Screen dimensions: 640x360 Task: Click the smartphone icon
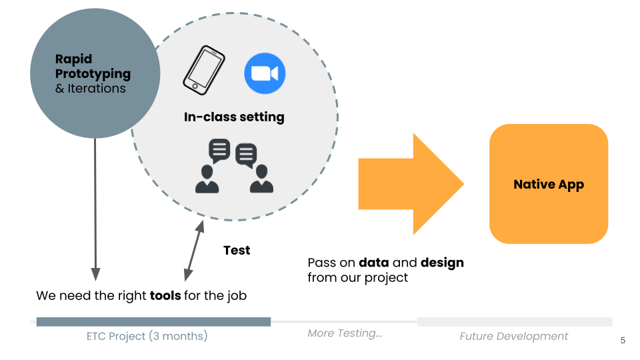(x=204, y=70)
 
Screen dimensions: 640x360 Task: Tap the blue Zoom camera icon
(x=265, y=73)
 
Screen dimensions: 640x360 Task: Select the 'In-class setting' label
(x=234, y=117)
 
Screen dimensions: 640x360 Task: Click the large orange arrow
(x=411, y=184)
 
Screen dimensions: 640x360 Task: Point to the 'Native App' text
(x=549, y=185)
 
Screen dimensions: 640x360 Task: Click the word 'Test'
(x=237, y=250)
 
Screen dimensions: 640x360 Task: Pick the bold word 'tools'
(x=165, y=295)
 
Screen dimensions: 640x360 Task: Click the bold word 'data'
(x=374, y=263)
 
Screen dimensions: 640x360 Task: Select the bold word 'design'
(x=442, y=263)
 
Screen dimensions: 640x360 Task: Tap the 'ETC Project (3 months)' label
(x=147, y=336)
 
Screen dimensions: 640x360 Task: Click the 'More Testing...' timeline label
(x=345, y=333)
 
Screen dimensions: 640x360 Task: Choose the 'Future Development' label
(x=513, y=336)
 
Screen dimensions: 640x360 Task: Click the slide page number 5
(x=623, y=341)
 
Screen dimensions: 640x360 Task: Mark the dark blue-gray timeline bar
(x=153, y=321)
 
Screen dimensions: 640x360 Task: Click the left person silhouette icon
(x=207, y=179)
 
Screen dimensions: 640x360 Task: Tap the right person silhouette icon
(x=261, y=179)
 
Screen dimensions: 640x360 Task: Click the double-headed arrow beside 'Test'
(x=194, y=251)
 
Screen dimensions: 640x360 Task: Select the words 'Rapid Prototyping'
(x=93, y=66)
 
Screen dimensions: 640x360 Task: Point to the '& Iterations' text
(x=91, y=89)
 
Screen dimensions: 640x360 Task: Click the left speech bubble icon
(x=219, y=150)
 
